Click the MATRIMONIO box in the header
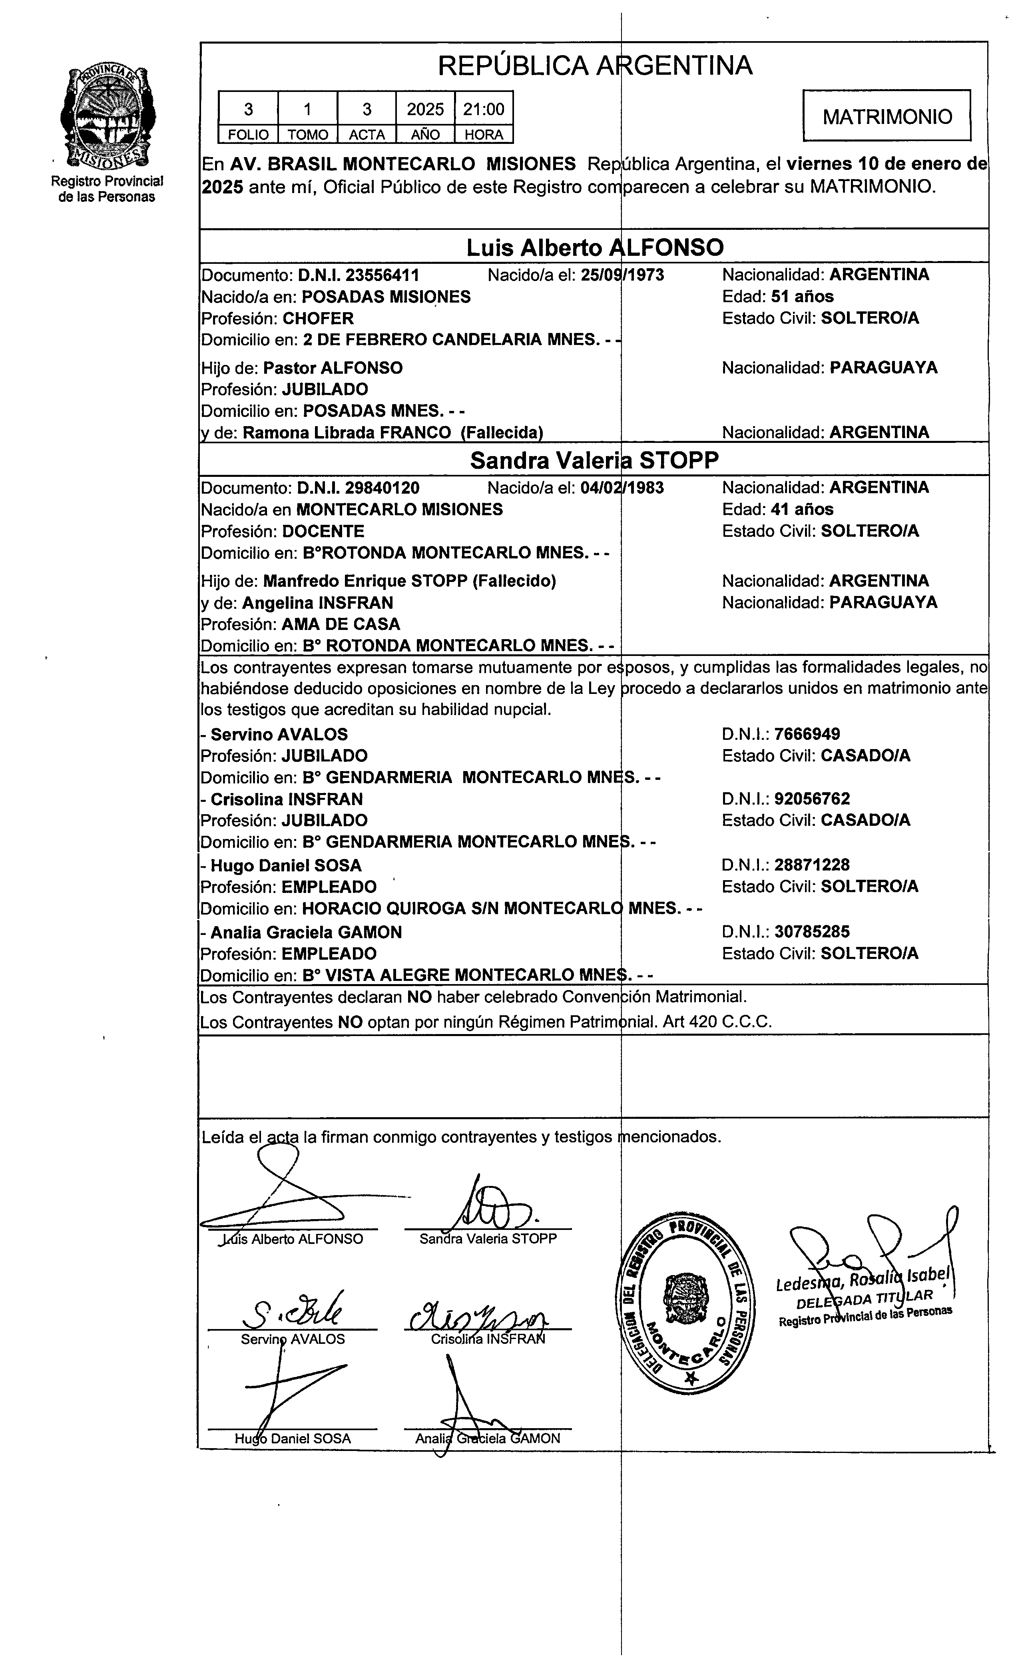tap(887, 116)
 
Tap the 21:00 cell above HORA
tap(483, 109)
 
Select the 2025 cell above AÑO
tap(425, 109)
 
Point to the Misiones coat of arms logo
tap(107, 116)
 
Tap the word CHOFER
tap(318, 318)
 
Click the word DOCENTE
tap(323, 531)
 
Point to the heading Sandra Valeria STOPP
tap(594, 460)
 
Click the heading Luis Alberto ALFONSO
tap(594, 248)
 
